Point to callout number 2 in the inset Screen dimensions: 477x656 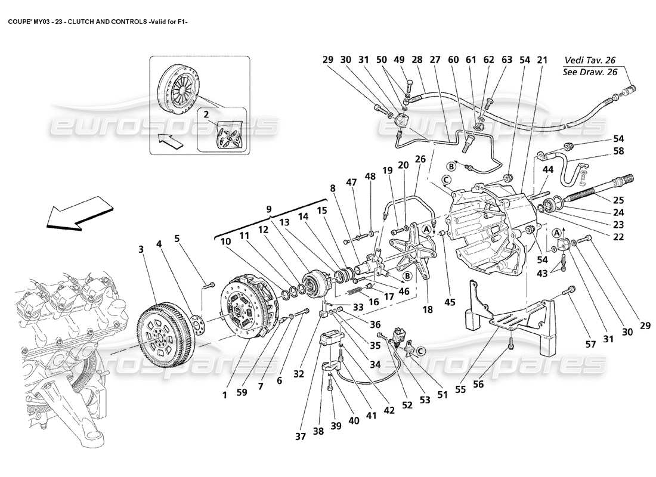point(206,113)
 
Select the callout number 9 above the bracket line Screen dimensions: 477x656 point(269,209)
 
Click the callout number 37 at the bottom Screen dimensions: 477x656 point(300,436)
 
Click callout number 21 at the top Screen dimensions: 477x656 point(542,60)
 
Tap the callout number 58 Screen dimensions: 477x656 point(618,151)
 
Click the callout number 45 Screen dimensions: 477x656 point(450,302)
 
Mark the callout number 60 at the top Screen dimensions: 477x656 point(453,60)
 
